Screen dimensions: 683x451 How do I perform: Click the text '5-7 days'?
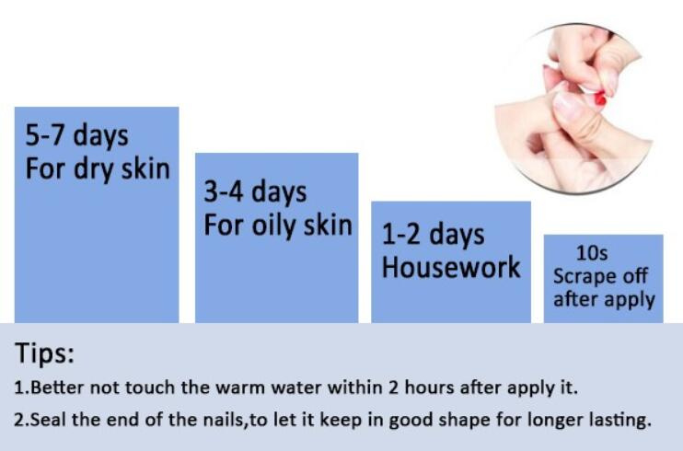(x=76, y=135)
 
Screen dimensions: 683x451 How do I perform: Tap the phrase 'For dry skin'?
(x=98, y=169)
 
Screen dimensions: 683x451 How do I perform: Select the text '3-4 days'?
(x=255, y=192)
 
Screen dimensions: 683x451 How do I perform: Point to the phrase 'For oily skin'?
(x=278, y=225)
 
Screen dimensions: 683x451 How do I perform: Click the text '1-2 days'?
(x=433, y=236)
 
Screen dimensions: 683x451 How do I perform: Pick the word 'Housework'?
(x=451, y=267)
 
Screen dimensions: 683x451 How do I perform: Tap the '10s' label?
(x=592, y=253)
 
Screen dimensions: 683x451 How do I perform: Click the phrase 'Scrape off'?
(x=600, y=276)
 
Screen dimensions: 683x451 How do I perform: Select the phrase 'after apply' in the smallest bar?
(x=604, y=300)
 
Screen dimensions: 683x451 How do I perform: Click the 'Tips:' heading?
(x=44, y=353)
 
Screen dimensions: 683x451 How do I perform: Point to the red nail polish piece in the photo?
(x=600, y=99)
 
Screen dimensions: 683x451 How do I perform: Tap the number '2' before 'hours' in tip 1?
(x=394, y=387)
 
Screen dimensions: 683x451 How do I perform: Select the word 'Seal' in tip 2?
(x=49, y=420)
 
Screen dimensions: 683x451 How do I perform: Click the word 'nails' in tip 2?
(x=224, y=420)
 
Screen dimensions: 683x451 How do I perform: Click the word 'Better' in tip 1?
(x=57, y=387)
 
